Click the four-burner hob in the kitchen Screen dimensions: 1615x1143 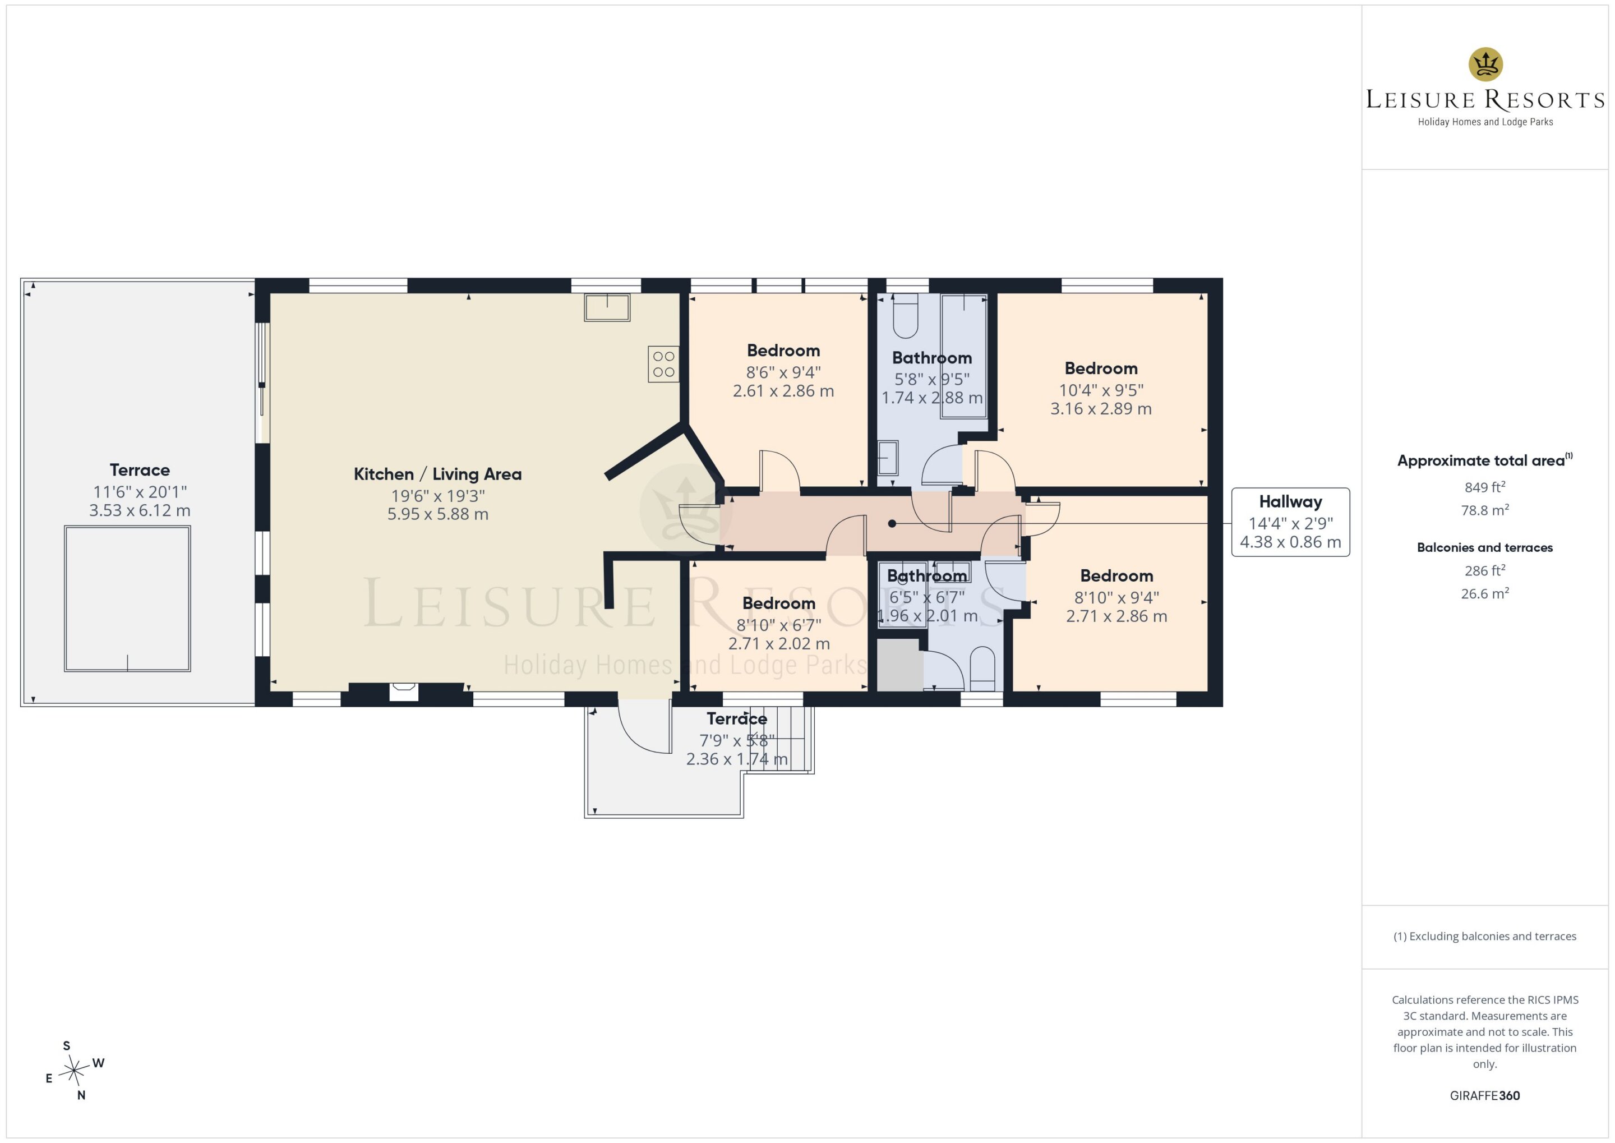point(663,364)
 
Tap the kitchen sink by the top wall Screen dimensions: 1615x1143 point(607,307)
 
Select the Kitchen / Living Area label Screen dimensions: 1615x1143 point(438,474)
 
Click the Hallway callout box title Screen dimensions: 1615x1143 point(1290,502)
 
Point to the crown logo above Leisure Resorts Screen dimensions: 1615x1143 point(1485,64)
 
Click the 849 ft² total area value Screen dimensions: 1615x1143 point(1485,487)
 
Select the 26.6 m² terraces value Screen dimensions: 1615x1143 point(1485,593)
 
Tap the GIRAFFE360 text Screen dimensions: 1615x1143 point(1485,1096)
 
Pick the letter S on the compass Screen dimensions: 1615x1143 point(67,1046)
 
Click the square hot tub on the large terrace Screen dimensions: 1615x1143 point(127,598)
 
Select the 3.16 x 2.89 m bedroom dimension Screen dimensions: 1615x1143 point(1101,409)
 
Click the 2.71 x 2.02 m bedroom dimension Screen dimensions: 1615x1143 point(779,644)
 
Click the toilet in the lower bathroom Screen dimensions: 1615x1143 point(982,669)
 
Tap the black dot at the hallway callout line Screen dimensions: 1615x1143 point(892,524)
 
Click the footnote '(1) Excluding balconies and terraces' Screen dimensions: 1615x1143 point(1485,936)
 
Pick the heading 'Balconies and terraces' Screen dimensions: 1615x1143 point(1485,547)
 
